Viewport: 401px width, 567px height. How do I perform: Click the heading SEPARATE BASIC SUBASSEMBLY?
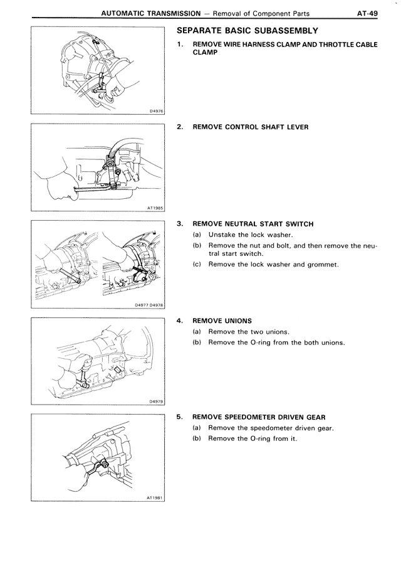248,31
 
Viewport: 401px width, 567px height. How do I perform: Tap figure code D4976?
156,110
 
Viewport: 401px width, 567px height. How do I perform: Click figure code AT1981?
155,497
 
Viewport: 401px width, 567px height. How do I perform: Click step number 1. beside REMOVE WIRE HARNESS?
180,45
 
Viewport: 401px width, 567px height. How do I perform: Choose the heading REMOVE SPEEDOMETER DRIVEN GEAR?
258,417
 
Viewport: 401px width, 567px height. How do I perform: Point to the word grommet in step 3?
324,264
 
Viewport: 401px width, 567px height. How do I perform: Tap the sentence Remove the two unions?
249,332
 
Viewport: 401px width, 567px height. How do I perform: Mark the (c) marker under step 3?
197,264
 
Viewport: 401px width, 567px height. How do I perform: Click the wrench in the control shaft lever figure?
94,186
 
